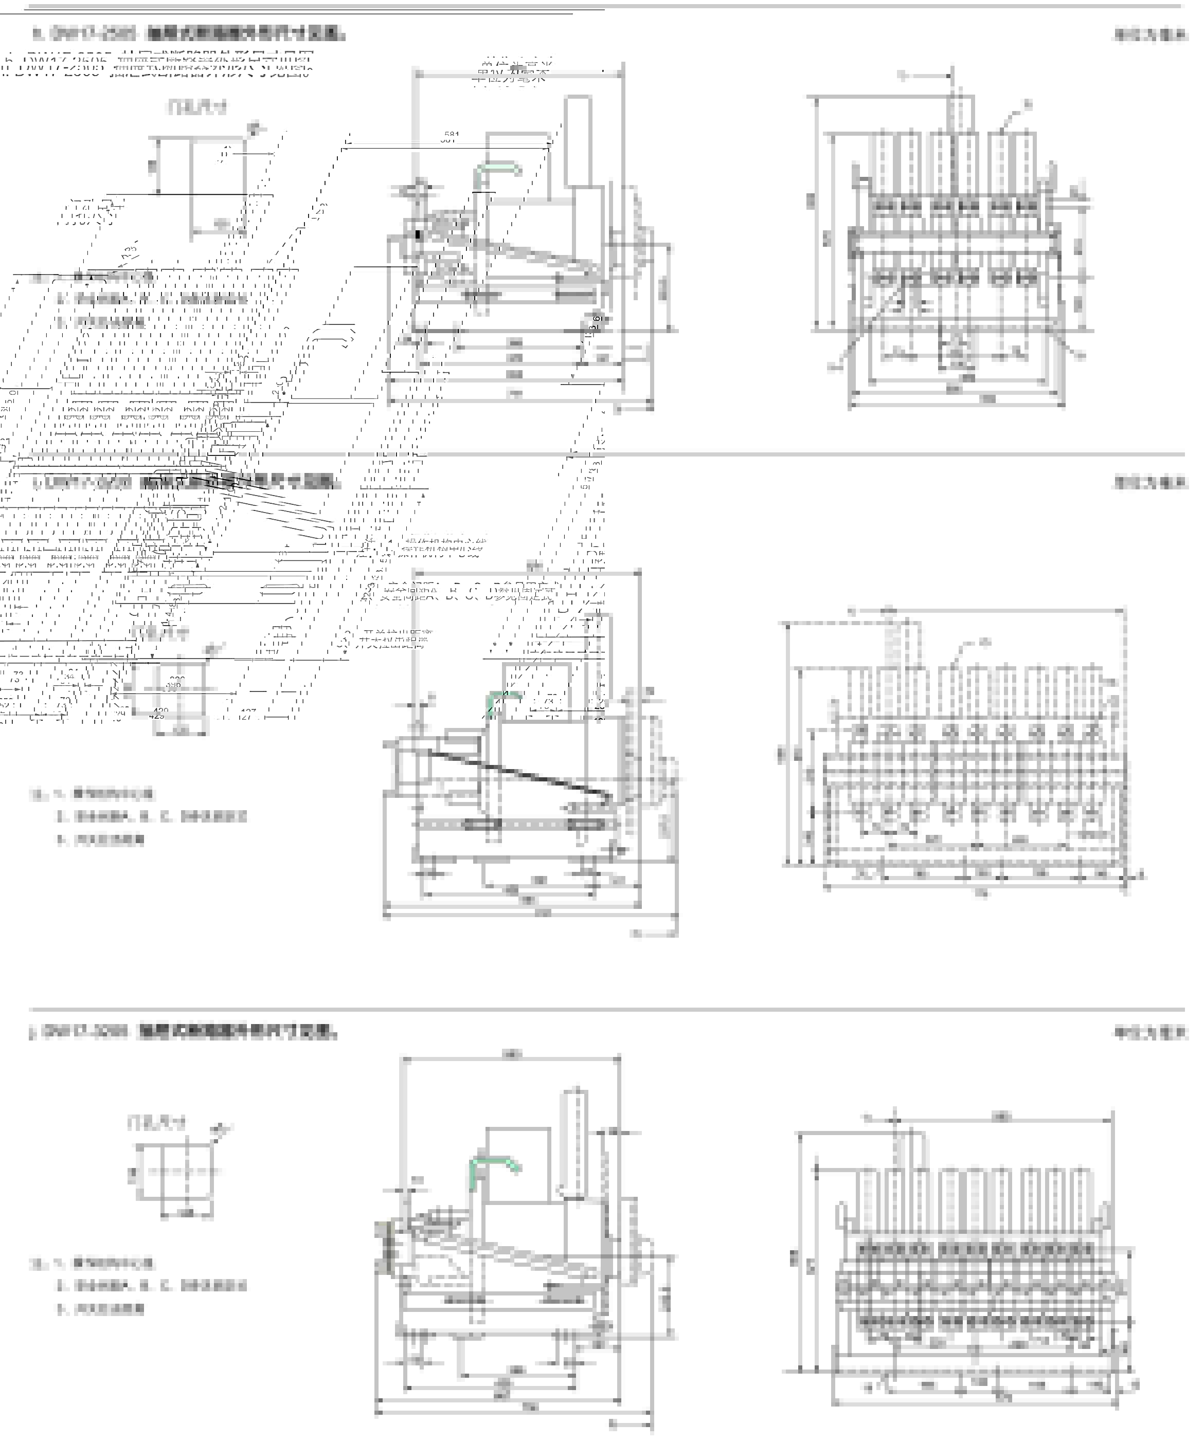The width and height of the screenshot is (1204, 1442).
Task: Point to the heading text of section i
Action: point(186,482)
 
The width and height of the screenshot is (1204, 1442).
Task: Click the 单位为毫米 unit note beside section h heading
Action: point(1150,35)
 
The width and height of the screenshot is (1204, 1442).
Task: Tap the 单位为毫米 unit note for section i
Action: point(1150,483)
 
